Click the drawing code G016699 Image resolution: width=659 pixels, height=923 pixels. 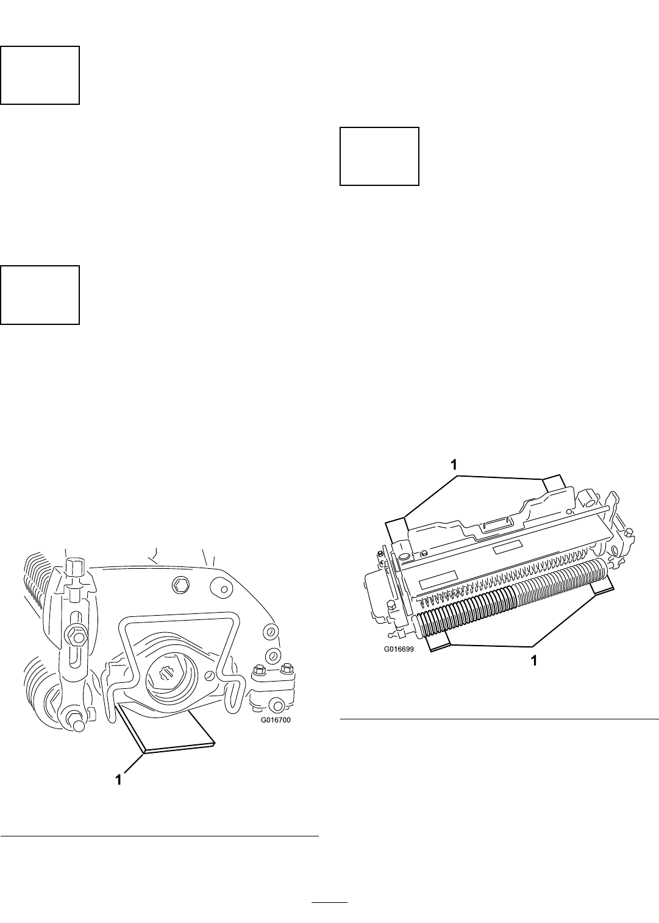[399, 649]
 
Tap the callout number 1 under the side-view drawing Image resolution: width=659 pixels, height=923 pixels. [118, 780]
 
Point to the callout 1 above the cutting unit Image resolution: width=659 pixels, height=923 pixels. [454, 465]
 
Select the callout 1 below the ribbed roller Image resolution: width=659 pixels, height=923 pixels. [533, 661]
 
